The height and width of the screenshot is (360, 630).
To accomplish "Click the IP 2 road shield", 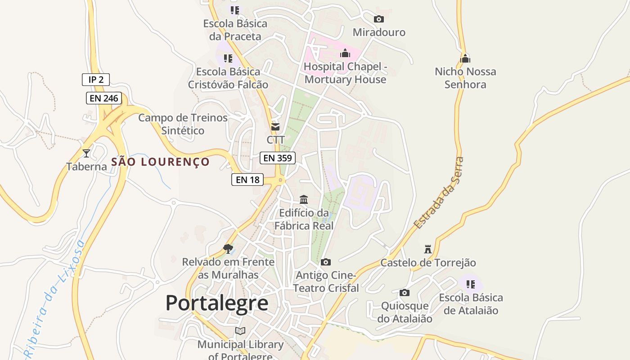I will pyautogui.click(x=96, y=80).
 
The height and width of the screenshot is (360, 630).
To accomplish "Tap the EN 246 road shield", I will pyautogui.click(x=104, y=98).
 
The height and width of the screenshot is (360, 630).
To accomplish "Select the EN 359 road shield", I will pyautogui.click(x=278, y=158).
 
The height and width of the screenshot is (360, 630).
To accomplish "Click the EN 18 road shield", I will pyautogui.click(x=247, y=180).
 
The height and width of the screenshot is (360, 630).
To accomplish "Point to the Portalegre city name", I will pyautogui.click(x=217, y=303).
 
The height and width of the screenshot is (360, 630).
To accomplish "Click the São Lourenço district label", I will pyautogui.click(x=161, y=162).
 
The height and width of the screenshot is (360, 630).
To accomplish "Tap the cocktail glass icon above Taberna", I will pyautogui.click(x=86, y=153).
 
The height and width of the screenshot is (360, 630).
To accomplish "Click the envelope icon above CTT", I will pyautogui.click(x=275, y=127).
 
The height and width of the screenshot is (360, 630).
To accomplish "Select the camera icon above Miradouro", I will pyautogui.click(x=379, y=19).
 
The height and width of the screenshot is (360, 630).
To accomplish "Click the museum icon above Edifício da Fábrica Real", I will pyautogui.click(x=304, y=199).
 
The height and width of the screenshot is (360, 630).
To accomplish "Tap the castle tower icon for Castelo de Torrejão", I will pyautogui.click(x=428, y=249).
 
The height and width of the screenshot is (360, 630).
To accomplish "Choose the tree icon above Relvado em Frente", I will pyautogui.click(x=228, y=248).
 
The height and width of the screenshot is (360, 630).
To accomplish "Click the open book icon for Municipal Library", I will pyautogui.click(x=240, y=331).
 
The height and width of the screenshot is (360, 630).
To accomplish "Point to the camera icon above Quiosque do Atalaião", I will pyautogui.click(x=405, y=292).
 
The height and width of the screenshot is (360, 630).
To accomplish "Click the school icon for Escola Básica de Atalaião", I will pyautogui.click(x=471, y=284).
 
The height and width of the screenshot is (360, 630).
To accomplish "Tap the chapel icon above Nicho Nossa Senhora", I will pyautogui.click(x=465, y=58).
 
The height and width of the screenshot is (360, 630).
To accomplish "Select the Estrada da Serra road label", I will pyautogui.click(x=439, y=193).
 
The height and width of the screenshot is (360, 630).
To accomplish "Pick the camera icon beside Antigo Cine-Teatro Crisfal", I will pyautogui.click(x=326, y=262).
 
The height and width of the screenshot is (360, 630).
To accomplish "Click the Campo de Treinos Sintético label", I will pyautogui.click(x=183, y=124).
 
